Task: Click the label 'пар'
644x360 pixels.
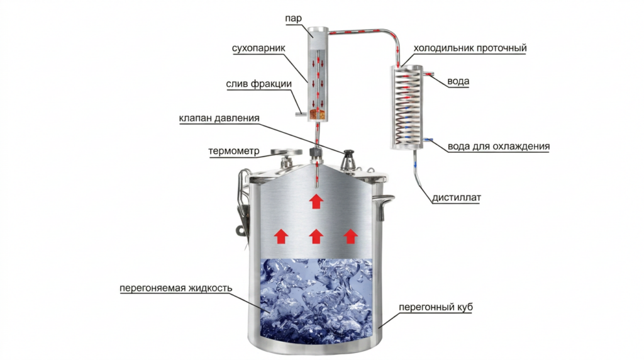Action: (x=293, y=18)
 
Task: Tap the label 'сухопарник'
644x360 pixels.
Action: (x=258, y=48)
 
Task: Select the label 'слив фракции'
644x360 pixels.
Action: (x=258, y=84)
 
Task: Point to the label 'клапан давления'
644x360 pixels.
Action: (x=219, y=118)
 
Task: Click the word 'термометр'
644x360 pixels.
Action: (x=234, y=151)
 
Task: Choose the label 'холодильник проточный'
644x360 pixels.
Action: (x=470, y=48)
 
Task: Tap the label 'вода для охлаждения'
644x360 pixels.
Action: (x=499, y=146)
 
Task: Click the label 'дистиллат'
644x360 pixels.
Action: (x=457, y=198)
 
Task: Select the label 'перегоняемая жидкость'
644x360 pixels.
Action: (x=176, y=288)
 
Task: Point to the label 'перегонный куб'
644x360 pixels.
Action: (x=436, y=307)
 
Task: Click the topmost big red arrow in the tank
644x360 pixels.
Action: (x=316, y=202)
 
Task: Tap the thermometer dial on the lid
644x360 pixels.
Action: (x=286, y=152)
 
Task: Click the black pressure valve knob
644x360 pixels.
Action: (x=348, y=155)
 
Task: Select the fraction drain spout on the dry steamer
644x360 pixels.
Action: (x=301, y=115)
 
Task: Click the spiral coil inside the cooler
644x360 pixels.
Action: (x=406, y=107)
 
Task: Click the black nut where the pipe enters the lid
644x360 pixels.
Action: (x=316, y=154)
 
